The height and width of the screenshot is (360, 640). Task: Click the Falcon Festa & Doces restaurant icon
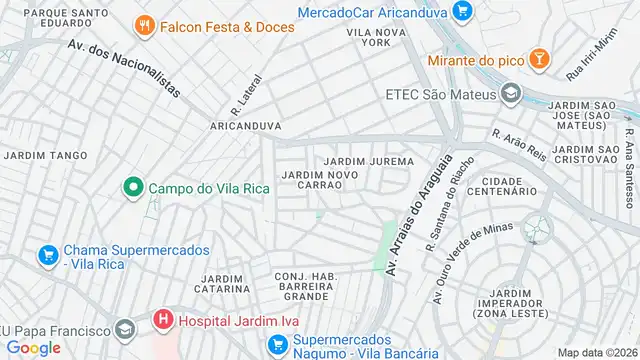(x=145, y=26)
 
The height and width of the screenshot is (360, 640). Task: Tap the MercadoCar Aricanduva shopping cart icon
(x=461, y=12)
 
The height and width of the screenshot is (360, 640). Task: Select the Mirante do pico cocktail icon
(x=539, y=59)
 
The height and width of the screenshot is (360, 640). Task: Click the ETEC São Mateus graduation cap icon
(x=511, y=95)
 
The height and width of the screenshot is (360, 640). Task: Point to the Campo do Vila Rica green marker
(x=131, y=187)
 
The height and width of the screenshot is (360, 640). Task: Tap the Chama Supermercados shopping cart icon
(x=47, y=257)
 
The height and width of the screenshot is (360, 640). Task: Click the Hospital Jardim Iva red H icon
(x=162, y=321)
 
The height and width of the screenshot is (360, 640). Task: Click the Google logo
(x=34, y=347)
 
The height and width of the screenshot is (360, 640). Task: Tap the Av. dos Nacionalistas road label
(x=124, y=68)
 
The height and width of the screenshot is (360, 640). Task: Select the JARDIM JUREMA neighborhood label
(x=369, y=161)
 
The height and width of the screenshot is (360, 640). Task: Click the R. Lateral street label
(x=247, y=92)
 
